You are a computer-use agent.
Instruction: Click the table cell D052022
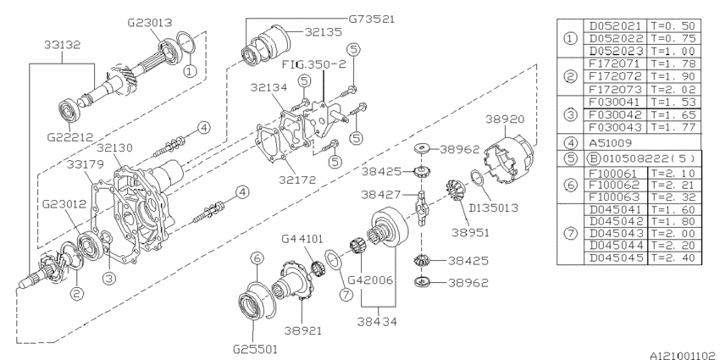click(x=616, y=36)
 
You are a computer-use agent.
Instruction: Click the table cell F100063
click(x=616, y=194)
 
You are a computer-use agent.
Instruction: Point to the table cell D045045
click(x=616, y=258)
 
